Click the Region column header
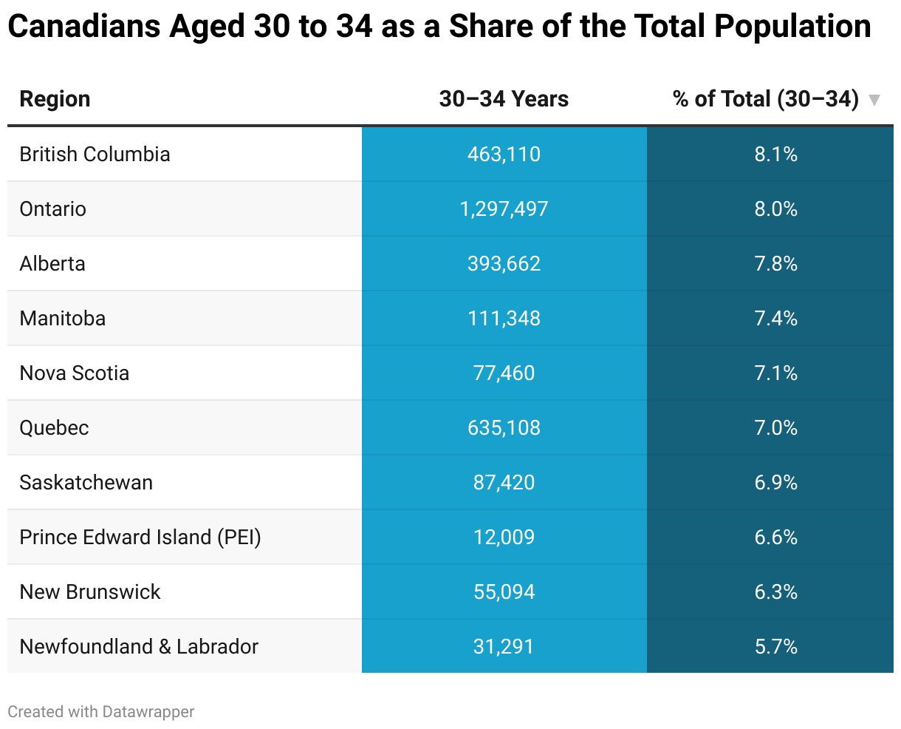pyautogui.click(x=55, y=99)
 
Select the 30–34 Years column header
pyautogui.click(x=504, y=99)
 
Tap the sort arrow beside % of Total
pyautogui.click(x=874, y=100)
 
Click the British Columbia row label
pyautogui.click(x=95, y=154)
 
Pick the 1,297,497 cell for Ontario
pyautogui.click(x=504, y=208)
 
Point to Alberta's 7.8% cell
pyautogui.click(x=775, y=263)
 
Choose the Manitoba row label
pyautogui.click(x=63, y=318)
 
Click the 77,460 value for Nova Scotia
pyautogui.click(x=504, y=373)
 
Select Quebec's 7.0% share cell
pyautogui.click(x=775, y=427)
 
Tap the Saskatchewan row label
pyautogui.click(x=86, y=482)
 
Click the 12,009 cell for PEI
pyautogui.click(x=504, y=537)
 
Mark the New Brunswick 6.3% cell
pyautogui.click(x=775, y=591)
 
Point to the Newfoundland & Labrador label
pyautogui.click(x=139, y=646)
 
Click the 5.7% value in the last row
pyautogui.click(x=775, y=646)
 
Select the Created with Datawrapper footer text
pyautogui.click(x=101, y=711)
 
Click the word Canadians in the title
pyautogui.click(x=83, y=27)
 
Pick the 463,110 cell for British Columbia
pyautogui.click(x=504, y=154)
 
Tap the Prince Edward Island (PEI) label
pyautogui.click(x=140, y=537)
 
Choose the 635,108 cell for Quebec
pyautogui.click(x=504, y=427)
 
